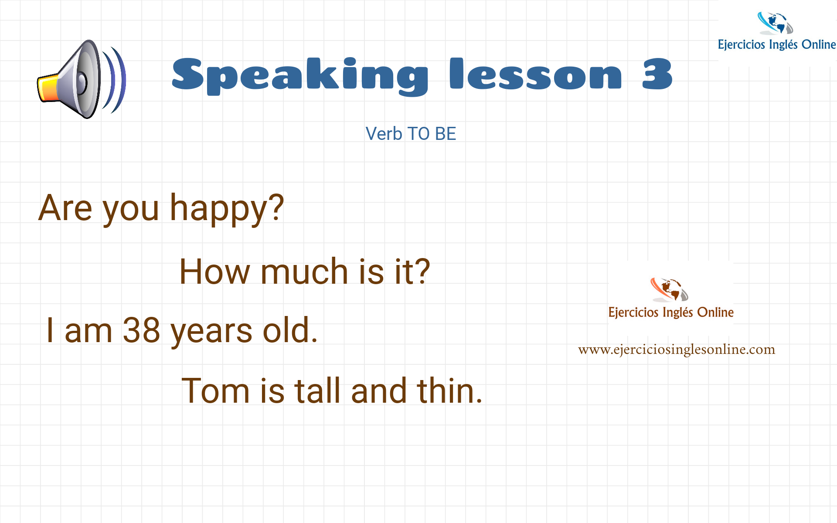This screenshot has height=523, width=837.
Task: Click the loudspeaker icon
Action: pyautogui.click(x=82, y=79)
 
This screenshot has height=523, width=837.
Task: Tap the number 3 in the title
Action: pyautogui.click(x=657, y=74)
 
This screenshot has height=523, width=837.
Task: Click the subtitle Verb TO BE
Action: pyautogui.click(x=411, y=134)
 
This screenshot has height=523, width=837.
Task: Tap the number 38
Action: pyautogui.click(x=141, y=330)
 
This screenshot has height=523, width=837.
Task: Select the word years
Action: pyautogui.click(x=211, y=333)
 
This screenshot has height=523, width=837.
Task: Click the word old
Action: pyautogui.click(x=290, y=330)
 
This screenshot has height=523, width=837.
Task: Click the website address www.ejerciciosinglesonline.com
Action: pyautogui.click(x=677, y=350)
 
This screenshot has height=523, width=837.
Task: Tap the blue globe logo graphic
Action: pyautogui.click(x=775, y=23)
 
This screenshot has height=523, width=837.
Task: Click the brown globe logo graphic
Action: pyautogui.click(x=669, y=289)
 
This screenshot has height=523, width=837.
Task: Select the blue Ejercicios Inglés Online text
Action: pyautogui.click(x=777, y=45)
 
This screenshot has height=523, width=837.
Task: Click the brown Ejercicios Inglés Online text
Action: pyautogui.click(x=671, y=312)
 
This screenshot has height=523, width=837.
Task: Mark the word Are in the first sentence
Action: pyautogui.click(x=65, y=208)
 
